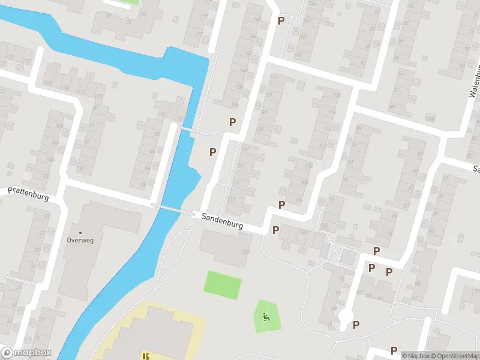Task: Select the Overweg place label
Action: click(x=80, y=240)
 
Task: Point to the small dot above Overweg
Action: click(x=80, y=232)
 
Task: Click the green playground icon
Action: click(x=266, y=316)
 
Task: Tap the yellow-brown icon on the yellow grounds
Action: click(x=145, y=356)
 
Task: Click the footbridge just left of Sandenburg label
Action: click(x=173, y=208)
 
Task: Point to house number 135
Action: click(x=245, y=253)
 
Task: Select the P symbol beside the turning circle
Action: click(x=356, y=325)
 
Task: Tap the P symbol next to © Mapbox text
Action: click(x=394, y=350)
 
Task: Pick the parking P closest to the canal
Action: click(x=212, y=152)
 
